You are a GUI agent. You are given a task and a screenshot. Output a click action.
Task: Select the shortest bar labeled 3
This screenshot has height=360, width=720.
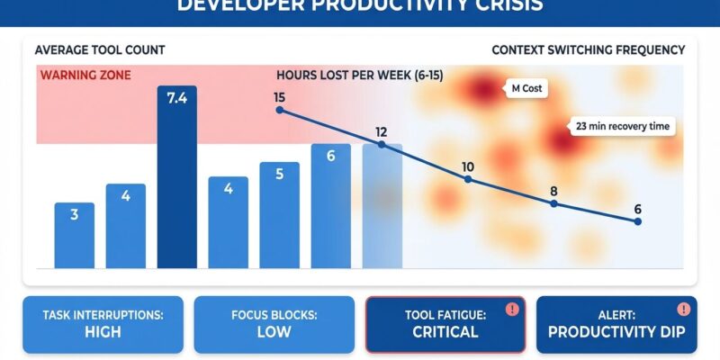coord(74,235)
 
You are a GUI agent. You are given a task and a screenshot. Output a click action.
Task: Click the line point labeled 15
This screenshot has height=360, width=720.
coord(279,110)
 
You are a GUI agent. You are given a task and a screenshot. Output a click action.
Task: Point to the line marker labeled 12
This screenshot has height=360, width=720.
coord(381,145)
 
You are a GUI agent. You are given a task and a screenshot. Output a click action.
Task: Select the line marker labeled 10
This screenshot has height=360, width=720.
coord(467,179)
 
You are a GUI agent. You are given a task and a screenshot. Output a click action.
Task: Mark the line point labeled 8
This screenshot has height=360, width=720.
coord(553,203)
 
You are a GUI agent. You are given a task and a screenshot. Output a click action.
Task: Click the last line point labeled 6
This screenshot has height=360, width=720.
coord(637,221)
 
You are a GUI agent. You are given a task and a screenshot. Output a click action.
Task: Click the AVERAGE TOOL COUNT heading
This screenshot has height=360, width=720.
coord(100,50)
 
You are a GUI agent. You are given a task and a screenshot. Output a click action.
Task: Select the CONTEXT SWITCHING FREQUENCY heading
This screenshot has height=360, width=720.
coord(588,50)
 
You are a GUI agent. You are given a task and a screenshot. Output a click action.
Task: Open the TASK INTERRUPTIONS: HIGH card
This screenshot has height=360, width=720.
coord(103,323)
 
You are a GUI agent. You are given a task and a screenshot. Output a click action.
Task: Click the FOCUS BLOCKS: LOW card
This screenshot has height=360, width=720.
coord(274,323)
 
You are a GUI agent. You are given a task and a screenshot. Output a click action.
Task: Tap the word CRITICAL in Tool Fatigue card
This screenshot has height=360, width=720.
coord(445,332)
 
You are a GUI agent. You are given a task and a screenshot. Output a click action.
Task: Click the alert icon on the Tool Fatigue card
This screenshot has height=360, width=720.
coord(512,309)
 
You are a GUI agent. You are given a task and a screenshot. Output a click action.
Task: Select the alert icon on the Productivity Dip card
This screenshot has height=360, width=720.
coord(684,309)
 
